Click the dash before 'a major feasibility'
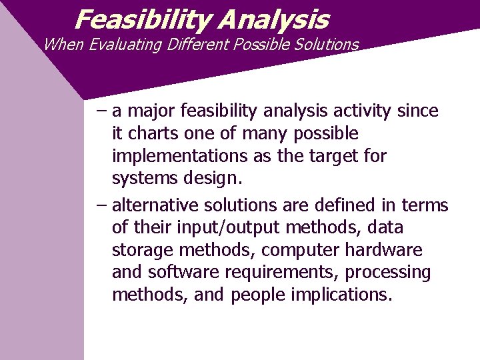pos(101,111)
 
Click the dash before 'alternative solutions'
pos(101,205)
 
